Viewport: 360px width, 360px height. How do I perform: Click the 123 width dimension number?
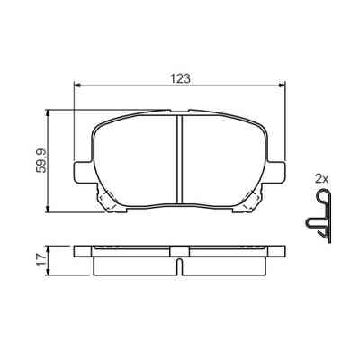[x=180, y=77]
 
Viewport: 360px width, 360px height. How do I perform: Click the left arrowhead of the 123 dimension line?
[x=76, y=86]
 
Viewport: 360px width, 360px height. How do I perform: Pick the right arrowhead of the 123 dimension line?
[x=284, y=86]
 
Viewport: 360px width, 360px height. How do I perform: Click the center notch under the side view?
[x=180, y=267]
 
